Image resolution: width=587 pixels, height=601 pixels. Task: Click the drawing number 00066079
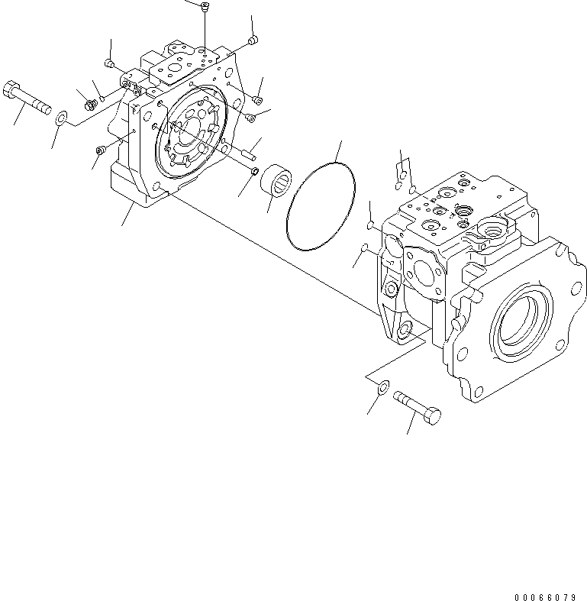click(545, 596)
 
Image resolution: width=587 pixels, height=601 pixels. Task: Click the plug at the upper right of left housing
click(254, 39)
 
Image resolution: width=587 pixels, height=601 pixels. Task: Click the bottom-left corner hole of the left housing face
click(156, 187)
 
